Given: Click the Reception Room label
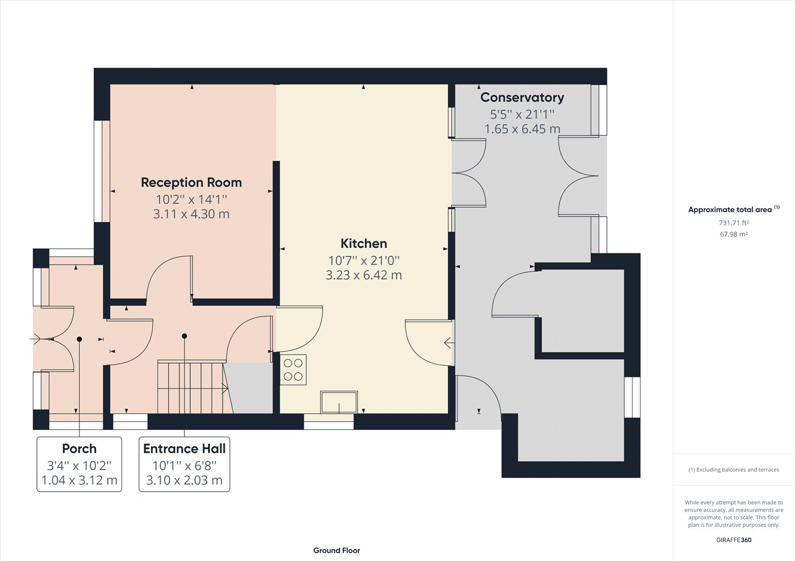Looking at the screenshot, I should pos(191,183).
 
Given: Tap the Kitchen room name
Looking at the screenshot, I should pos(363,243).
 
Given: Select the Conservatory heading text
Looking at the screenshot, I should pos(522,98).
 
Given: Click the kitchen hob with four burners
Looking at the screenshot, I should pos(293,370).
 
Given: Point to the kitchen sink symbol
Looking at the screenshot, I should pos(339,402).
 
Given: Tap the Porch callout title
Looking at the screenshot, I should pos(79,449).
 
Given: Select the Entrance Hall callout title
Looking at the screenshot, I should pos(184,449).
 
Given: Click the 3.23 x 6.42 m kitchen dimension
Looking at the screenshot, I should pos(363,275).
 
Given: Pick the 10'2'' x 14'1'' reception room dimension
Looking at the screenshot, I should pos(191,199).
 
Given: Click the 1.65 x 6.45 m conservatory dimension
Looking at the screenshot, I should pos(522,129).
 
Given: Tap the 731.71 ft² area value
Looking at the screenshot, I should pos(734,223).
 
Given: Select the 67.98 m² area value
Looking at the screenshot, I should pos(734,234).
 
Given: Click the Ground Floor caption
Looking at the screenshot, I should pos(336,550).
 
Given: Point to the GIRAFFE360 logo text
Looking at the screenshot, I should pos(734,540).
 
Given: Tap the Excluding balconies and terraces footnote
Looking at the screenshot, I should pos(734,470).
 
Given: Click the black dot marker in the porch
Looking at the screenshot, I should pos(79,339).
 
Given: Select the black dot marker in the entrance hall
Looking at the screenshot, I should pos(185,336).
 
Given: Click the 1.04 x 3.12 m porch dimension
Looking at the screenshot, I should pos(79,480).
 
